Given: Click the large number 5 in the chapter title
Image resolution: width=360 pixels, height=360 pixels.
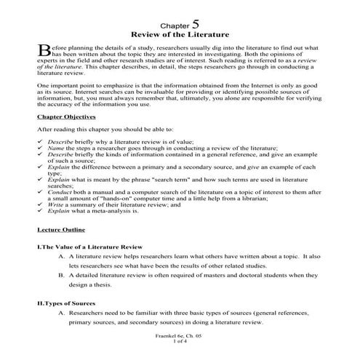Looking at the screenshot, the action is tap(194, 22).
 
